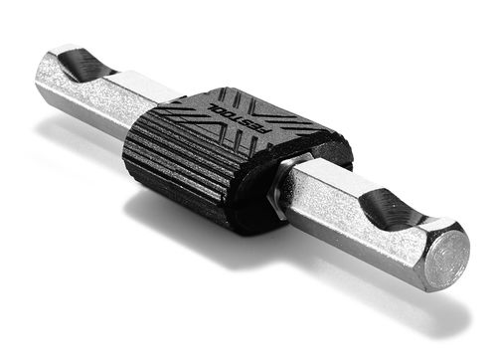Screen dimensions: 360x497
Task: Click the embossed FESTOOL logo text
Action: point(232,111)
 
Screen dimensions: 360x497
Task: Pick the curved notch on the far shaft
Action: point(78,66)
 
